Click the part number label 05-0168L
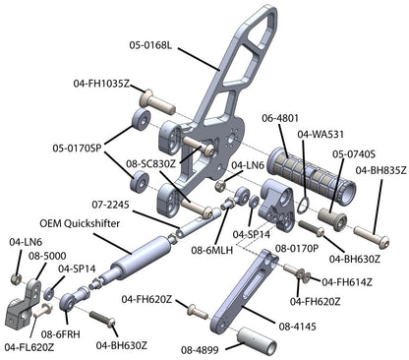click(150, 45)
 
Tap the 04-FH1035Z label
click(101, 84)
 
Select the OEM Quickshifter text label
click(80, 223)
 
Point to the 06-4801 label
click(280, 118)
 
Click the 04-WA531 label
click(321, 134)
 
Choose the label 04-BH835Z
click(381, 170)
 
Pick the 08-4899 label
click(200, 350)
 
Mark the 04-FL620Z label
click(29, 347)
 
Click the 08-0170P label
click(297, 249)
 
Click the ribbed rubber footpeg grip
click(312, 176)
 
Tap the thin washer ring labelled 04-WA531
click(303, 205)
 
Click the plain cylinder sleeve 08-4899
click(257, 341)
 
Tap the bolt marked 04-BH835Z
click(372, 237)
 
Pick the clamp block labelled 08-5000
click(23, 303)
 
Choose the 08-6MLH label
click(212, 250)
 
